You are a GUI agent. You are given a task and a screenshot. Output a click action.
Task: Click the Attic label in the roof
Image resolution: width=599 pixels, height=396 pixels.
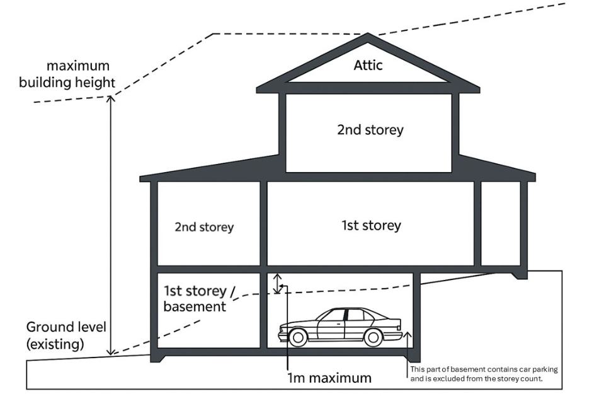click(368, 65)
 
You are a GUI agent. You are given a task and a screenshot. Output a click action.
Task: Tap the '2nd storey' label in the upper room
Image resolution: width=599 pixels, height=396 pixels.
click(370, 131)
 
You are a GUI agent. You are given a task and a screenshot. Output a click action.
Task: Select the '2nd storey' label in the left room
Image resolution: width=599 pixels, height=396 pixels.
click(204, 227)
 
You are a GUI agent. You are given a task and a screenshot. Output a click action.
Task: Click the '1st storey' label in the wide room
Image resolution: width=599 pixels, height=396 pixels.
click(371, 225)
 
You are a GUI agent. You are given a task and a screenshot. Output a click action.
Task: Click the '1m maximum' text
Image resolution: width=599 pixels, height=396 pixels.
click(328, 378)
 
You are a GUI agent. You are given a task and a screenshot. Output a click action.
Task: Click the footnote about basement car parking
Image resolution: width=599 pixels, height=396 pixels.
click(484, 373)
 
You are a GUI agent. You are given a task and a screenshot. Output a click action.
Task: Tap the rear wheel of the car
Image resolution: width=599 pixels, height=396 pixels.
click(374, 337)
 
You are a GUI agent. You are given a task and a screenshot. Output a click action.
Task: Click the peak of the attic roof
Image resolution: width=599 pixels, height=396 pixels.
click(368, 35)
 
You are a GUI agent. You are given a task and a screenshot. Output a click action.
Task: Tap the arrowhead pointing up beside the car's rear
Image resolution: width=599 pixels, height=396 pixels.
click(408, 334)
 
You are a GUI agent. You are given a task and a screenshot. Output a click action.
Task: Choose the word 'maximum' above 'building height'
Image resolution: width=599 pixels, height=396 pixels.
click(77, 66)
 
